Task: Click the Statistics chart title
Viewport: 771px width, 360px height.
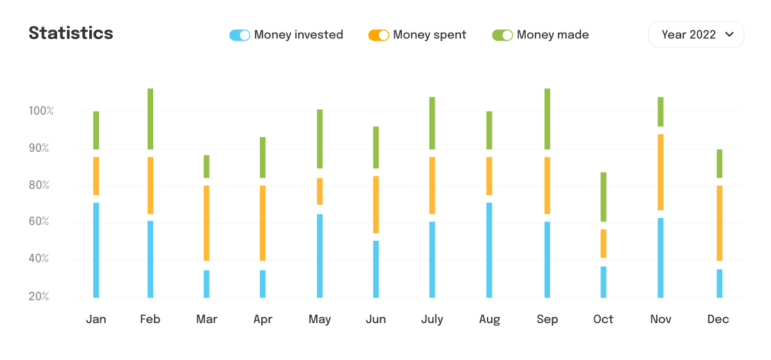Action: (70, 33)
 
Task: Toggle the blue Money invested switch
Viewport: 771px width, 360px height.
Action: (240, 35)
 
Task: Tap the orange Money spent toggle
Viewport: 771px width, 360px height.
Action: (378, 35)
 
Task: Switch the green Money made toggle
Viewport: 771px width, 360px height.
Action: (502, 35)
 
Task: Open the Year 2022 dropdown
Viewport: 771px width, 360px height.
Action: (696, 34)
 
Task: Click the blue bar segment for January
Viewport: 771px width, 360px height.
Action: (96, 250)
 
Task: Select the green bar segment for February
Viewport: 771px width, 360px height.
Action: (150, 118)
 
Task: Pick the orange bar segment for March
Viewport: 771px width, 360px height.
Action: (207, 223)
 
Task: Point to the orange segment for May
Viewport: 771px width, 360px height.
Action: (320, 191)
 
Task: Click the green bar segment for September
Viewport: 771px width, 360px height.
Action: (547, 118)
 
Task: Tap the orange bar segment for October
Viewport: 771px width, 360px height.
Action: (603, 243)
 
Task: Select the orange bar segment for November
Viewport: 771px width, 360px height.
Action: (660, 172)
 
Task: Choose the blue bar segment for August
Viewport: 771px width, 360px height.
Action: (489, 250)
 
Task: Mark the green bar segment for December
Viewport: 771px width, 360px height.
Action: (719, 164)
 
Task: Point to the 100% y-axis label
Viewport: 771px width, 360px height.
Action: (41, 111)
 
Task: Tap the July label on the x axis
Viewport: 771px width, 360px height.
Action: (432, 320)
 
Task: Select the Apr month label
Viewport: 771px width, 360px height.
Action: (263, 320)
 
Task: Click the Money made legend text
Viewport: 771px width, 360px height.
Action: (552, 35)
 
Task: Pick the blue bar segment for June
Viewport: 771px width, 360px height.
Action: (376, 269)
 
